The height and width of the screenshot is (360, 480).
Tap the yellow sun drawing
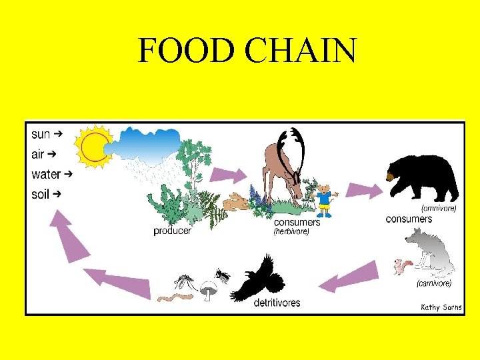coord(93,146)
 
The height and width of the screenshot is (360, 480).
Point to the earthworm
coord(174,292)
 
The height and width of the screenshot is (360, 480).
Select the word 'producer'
coord(172,231)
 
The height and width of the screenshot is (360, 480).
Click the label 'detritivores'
coord(277,303)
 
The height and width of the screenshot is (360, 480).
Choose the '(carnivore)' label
coord(433,283)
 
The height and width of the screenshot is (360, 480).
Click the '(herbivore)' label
coord(291,233)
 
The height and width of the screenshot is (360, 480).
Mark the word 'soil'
coord(41,195)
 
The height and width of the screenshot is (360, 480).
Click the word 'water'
coord(46,175)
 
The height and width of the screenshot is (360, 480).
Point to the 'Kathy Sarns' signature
coord(441,307)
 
